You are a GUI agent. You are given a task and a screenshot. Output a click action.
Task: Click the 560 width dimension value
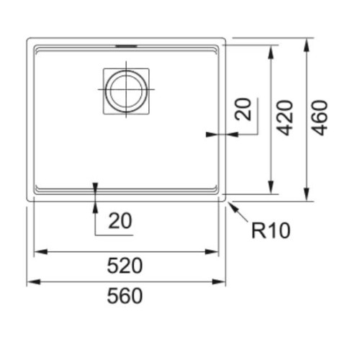click(125, 296)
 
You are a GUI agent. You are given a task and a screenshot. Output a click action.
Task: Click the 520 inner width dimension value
click(125, 266)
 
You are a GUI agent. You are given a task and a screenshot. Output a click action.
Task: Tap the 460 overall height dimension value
click(320, 118)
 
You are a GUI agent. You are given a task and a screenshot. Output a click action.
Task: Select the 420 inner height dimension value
click(285, 118)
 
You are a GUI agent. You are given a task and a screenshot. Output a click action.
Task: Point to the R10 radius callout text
click(271, 230)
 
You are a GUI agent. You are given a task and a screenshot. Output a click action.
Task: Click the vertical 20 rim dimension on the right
click(243, 109)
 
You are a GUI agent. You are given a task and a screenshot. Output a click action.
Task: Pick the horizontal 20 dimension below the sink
click(120, 220)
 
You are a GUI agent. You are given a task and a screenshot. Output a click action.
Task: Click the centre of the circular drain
click(126, 89)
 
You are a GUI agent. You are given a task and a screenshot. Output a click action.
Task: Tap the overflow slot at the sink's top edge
click(127, 46)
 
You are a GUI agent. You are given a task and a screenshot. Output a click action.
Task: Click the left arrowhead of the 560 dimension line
click(34, 282)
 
